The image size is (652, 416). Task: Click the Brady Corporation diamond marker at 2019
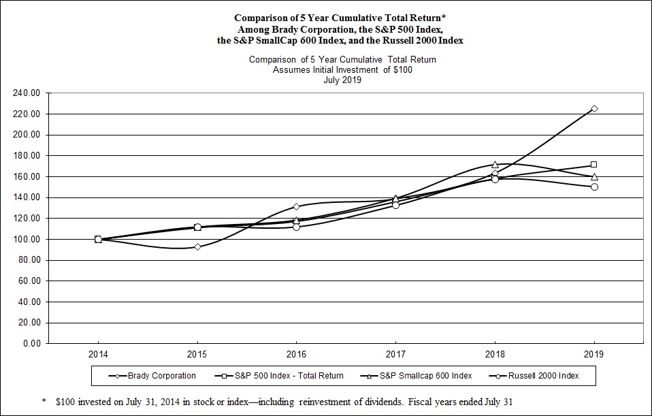point(594,109)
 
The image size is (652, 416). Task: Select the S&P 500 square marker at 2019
point(594,165)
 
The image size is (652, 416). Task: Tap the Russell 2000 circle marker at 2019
point(594,187)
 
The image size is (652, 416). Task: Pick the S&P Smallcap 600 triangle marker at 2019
point(594,176)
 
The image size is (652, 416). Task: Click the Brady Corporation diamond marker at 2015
point(197,246)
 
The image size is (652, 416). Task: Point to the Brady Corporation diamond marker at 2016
point(296,206)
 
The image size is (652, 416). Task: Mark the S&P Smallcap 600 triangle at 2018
point(495,165)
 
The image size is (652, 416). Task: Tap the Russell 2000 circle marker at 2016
point(296,227)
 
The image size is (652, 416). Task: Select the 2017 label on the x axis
point(395,355)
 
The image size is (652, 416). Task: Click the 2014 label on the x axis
point(98,355)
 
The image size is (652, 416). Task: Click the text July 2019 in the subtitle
point(342,80)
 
